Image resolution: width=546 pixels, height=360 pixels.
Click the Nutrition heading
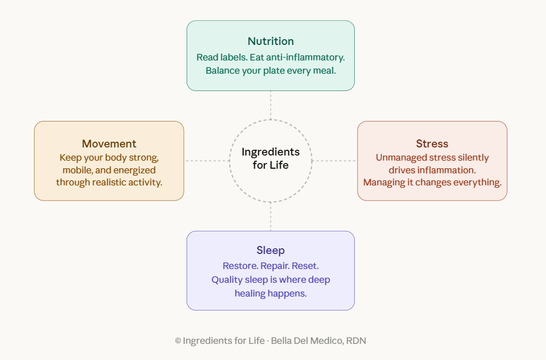(x=271, y=41)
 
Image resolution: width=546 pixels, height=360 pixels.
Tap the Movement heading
(x=109, y=144)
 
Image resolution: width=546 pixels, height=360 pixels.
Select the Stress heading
(x=432, y=144)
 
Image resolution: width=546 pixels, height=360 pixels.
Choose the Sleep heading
(x=271, y=251)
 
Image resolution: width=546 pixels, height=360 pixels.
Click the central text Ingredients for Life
(x=271, y=158)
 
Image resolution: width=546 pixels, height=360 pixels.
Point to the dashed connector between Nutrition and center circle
(x=271, y=105)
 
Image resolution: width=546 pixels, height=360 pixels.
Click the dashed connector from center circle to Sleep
(x=271, y=217)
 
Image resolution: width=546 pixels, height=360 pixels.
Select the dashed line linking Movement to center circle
(x=206, y=161)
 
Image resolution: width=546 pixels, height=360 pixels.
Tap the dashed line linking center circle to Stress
(x=335, y=161)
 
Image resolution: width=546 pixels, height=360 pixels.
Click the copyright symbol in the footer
(x=178, y=341)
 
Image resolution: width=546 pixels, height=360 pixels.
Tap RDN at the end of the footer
(x=356, y=341)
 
